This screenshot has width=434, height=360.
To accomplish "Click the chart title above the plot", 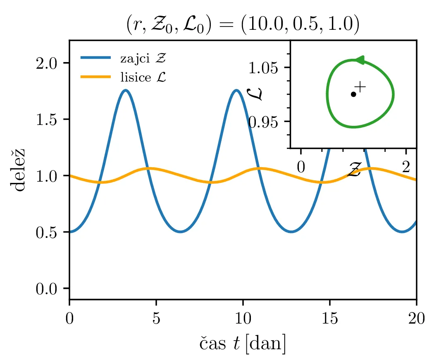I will pos(243,25).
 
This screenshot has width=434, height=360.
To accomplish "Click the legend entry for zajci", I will pos(143,58).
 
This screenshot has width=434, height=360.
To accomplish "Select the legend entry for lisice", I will pos(143,77).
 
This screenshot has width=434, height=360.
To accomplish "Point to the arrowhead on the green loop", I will pos(360,60).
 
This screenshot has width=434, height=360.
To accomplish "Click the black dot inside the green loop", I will pos(353,94).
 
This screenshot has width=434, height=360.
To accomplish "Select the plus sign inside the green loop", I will pos(360,87).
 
